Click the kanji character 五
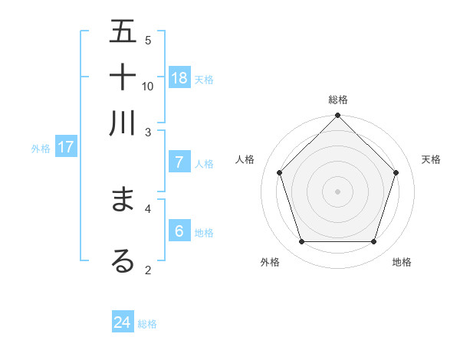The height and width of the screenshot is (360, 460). [x=123, y=32]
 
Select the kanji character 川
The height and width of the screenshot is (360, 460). [x=123, y=122]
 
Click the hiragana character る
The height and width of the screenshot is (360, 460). [x=123, y=260]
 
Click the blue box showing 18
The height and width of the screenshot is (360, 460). [x=179, y=77]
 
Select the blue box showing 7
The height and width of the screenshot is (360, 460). [x=179, y=162]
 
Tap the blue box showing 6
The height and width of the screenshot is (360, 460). [x=179, y=231]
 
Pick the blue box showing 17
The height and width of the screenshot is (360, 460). [x=65, y=147]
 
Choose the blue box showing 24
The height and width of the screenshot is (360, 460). [x=123, y=322]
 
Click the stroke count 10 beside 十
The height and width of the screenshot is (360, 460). [x=148, y=86]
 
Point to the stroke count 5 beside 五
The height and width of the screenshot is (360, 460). [x=148, y=40]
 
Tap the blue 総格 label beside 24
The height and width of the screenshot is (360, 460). [x=147, y=324]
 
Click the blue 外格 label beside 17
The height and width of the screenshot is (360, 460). [x=41, y=149]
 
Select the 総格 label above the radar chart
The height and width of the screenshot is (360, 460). [x=337, y=100]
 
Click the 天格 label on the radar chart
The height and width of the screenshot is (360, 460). [x=431, y=159]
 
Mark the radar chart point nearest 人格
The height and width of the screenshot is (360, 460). [x=280, y=172]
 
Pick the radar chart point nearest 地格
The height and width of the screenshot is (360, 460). [x=373, y=241]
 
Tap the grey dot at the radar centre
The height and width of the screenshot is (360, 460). [x=337, y=191]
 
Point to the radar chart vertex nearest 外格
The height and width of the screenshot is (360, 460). [x=301, y=241]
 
